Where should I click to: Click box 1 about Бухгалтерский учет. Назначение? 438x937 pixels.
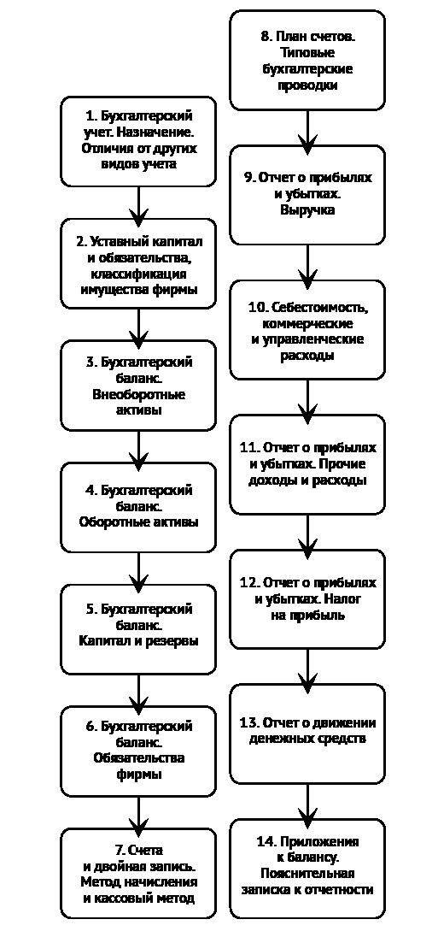(x=138, y=141)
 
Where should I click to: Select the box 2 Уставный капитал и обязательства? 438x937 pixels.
(x=138, y=263)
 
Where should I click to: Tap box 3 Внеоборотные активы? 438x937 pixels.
(x=138, y=386)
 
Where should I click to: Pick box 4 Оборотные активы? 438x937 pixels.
(x=138, y=507)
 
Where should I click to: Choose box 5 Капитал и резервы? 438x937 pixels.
(x=138, y=629)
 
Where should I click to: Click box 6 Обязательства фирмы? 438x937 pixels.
(x=138, y=751)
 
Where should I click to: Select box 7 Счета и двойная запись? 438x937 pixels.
(x=138, y=873)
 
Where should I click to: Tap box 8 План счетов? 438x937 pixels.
(x=307, y=60)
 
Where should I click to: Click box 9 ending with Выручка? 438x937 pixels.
(x=307, y=195)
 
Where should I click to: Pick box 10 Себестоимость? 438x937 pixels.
(x=307, y=330)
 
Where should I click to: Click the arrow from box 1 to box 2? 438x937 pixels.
(x=138, y=203)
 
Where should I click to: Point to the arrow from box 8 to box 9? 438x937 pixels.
(x=307, y=128)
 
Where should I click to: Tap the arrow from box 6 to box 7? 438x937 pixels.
(x=138, y=813)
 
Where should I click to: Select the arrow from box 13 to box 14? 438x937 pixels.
(x=307, y=801)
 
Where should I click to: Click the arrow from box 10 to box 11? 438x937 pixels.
(x=307, y=398)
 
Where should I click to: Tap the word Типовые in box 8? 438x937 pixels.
(x=307, y=53)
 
